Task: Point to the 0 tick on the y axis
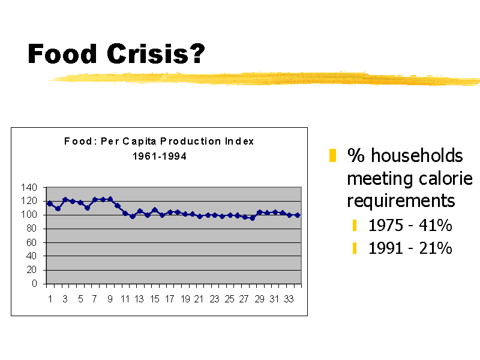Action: (35, 283)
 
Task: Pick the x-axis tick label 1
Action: (50, 299)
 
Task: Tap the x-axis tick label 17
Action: (170, 299)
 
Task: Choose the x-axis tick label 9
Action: (110, 299)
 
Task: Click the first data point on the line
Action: (50, 203)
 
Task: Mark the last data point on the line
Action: (297, 215)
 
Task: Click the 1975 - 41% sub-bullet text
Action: (410, 226)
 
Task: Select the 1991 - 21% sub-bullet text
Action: (410, 248)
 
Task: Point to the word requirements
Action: (401, 200)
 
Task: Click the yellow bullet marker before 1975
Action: (355, 226)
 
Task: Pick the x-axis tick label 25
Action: (230, 299)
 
